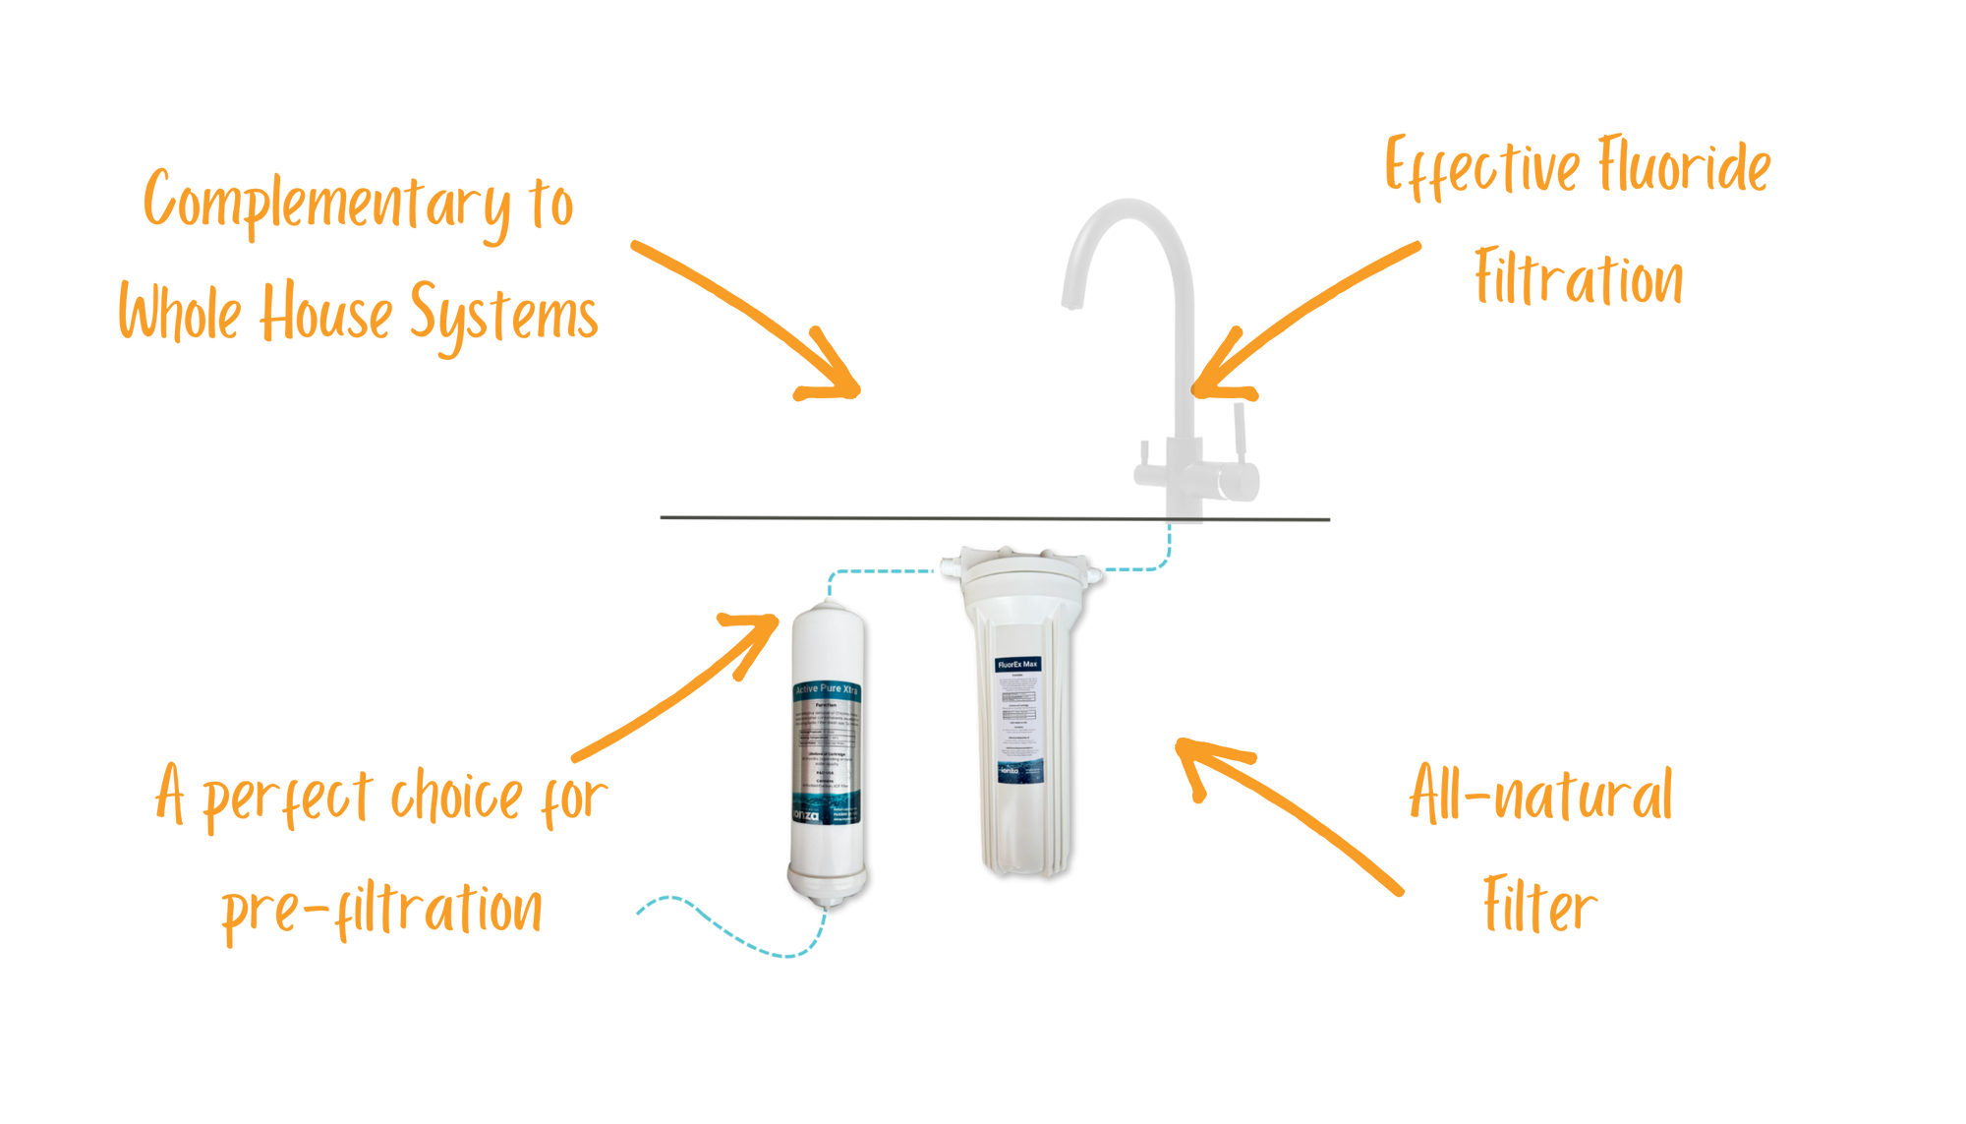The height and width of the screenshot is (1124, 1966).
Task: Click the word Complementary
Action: coord(327,205)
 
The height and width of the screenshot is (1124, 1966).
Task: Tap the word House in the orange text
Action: coord(323,313)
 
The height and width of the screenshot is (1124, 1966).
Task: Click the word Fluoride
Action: coord(1682,167)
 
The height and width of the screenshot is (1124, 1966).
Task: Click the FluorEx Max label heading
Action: coord(1017,665)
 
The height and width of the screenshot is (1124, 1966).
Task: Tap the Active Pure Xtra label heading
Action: coord(826,689)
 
